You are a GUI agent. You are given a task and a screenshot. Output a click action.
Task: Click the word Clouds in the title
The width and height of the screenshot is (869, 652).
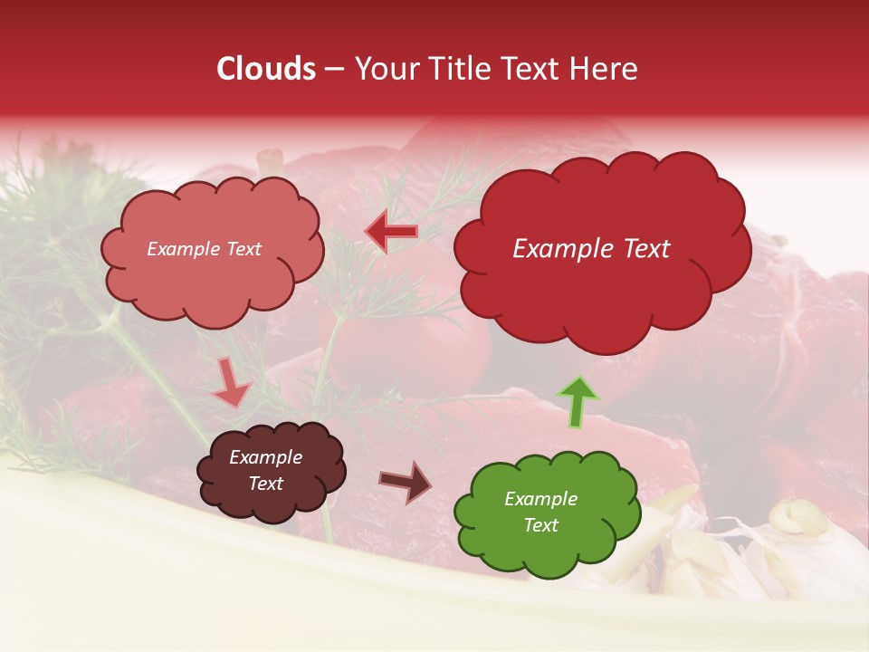point(266,69)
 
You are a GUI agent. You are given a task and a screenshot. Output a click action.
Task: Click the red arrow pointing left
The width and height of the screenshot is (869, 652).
point(391,233)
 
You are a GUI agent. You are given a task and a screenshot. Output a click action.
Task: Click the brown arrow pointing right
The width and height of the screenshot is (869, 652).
point(406,481)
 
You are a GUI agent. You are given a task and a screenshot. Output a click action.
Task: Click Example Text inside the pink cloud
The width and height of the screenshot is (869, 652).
point(204,249)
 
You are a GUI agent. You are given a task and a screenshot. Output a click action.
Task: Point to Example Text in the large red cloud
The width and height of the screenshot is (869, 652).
point(591,249)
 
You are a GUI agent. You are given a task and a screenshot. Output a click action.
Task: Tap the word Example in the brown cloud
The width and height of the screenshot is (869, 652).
point(265,457)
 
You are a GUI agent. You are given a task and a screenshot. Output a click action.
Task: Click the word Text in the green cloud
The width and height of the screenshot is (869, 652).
point(540,525)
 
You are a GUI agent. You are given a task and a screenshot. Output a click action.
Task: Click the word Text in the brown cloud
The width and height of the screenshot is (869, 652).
point(265,484)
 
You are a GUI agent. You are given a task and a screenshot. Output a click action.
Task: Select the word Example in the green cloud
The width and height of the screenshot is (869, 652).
point(540,499)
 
